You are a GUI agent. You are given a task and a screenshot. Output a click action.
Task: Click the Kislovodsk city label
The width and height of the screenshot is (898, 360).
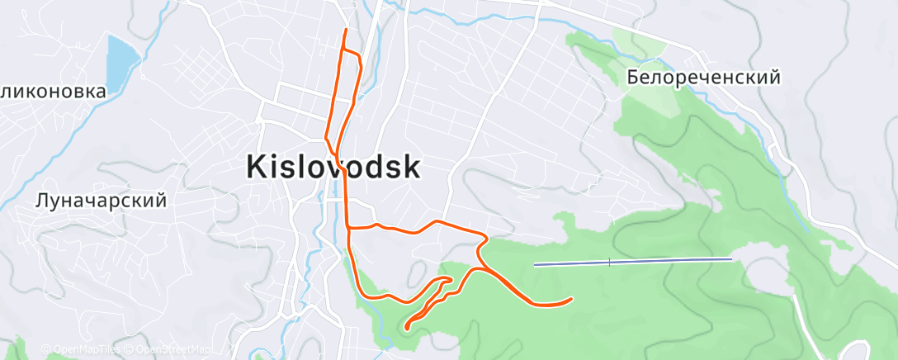(333, 168)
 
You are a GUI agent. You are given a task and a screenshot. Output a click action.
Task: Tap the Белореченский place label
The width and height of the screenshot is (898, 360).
(703, 78)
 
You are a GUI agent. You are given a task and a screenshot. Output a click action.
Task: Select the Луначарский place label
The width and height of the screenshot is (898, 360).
(101, 200)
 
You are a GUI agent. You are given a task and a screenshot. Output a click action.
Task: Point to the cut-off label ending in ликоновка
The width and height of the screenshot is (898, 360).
(53, 91)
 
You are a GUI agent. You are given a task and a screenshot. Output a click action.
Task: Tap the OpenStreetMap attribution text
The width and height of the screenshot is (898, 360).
(173, 349)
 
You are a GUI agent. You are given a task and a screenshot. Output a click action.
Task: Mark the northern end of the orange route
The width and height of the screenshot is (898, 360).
(346, 30)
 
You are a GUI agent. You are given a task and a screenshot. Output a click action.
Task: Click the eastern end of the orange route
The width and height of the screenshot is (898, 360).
(572, 299)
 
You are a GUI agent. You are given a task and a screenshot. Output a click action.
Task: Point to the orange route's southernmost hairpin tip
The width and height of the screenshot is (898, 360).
(407, 328)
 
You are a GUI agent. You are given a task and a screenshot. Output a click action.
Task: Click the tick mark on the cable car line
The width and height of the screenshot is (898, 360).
(609, 262)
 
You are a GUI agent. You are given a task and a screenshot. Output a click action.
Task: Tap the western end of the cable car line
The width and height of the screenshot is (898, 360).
(536, 265)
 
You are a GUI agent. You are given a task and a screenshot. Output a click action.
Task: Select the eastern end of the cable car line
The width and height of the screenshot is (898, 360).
(732, 259)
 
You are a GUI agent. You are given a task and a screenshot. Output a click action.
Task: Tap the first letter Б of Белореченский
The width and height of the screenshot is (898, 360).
(633, 78)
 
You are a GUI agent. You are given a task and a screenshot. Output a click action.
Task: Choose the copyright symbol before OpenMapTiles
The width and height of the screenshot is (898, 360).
(46, 349)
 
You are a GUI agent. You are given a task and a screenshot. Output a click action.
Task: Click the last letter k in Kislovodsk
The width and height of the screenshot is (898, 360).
(410, 168)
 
